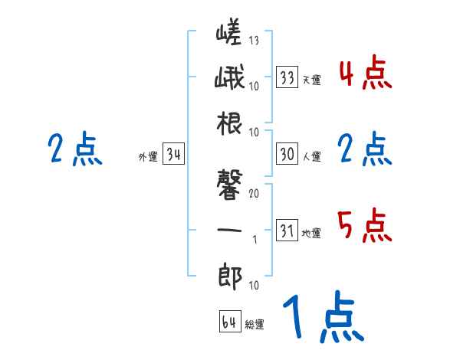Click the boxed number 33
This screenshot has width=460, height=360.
click(287, 77)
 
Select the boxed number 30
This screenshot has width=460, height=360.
click(287, 154)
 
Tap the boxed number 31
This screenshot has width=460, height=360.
click(287, 230)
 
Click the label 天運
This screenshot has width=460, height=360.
click(311, 79)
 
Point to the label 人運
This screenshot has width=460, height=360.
click(311, 156)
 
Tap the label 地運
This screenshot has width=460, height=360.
click(311, 233)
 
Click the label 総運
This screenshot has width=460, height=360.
click(255, 324)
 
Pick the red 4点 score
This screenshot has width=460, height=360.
click(364, 74)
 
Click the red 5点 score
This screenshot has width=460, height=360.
click(364, 225)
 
